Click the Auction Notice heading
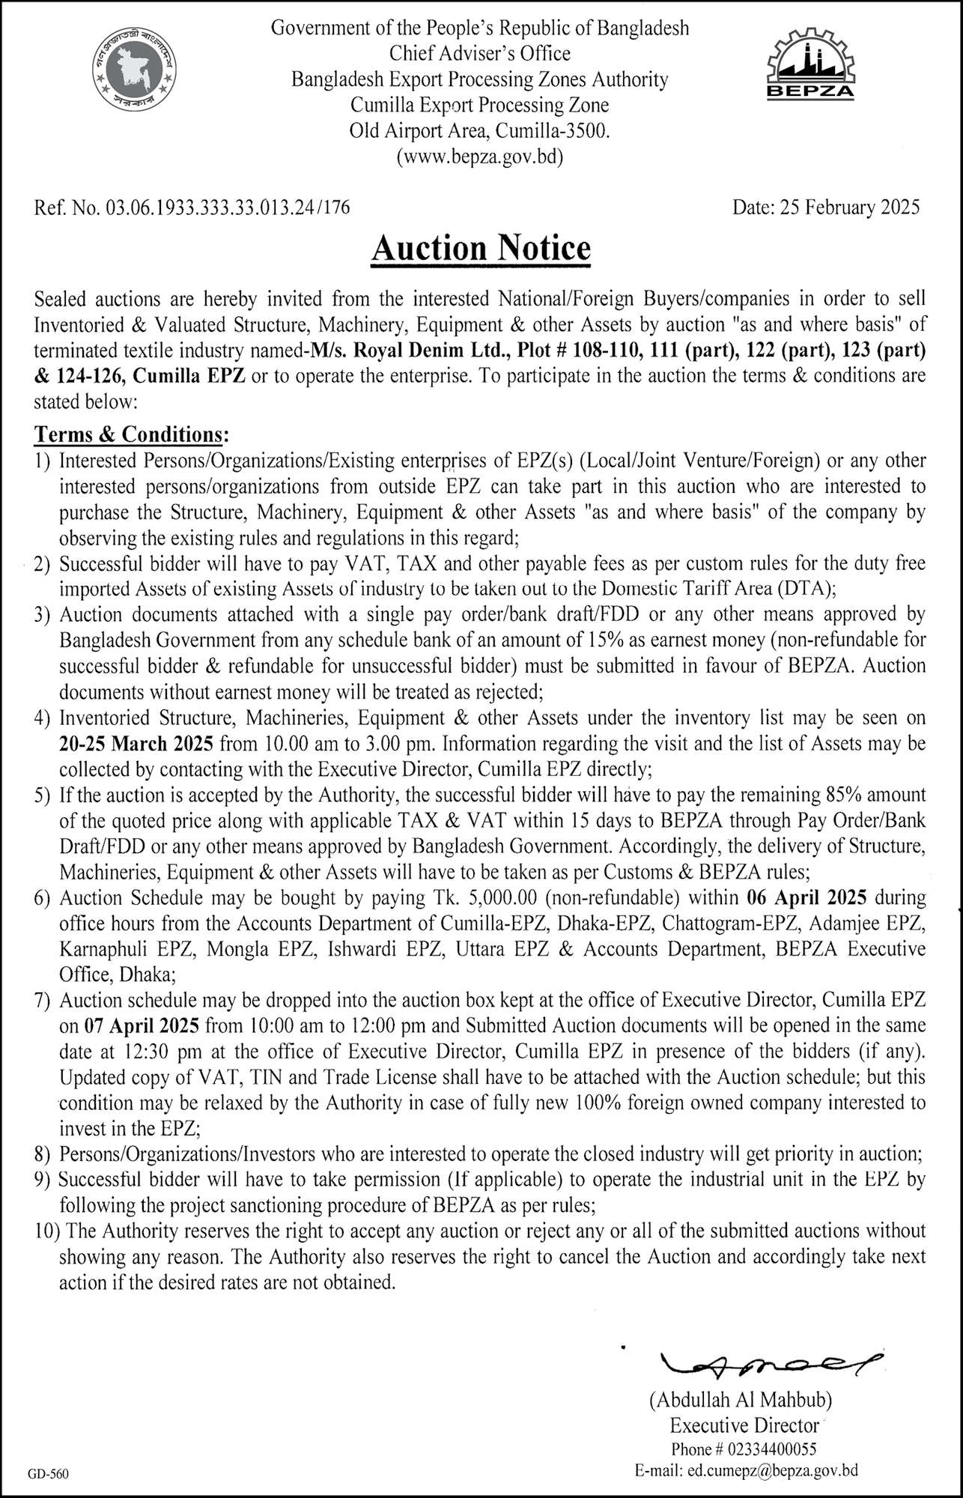[481, 248]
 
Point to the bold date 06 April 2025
[807, 897]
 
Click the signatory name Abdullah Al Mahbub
[741, 1399]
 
